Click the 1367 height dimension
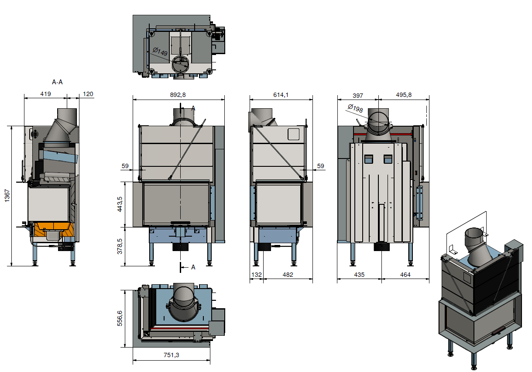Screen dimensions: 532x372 pos(7,196)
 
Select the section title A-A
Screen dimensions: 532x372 pos(57,82)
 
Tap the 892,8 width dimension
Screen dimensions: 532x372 pos(178,95)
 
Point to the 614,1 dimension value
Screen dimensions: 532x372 pos(281,95)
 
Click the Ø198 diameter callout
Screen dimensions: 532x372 pos(355,108)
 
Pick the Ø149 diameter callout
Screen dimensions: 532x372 pos(160,52)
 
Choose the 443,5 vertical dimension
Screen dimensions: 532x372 pos(120,204)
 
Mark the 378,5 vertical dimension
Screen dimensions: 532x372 pos(120,246)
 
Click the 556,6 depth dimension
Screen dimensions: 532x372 pos(120,318)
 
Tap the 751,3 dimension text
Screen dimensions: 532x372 pos(171,355)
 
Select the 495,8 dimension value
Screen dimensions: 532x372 pos(404,95)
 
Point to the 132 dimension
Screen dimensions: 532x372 pos(257,275)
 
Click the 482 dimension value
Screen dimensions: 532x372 pos(288,275)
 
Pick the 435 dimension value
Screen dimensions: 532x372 pos(359,275)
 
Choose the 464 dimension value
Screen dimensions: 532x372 pos(405,275)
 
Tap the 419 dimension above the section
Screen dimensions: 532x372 pos(45,94)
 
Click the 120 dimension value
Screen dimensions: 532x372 pos(88,94)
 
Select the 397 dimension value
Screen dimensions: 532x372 pos(358,96)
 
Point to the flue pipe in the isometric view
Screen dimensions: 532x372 pos(476,247)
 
